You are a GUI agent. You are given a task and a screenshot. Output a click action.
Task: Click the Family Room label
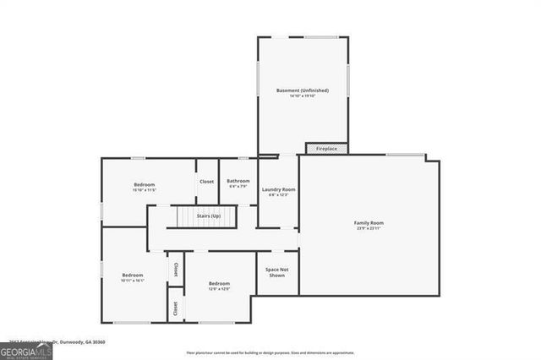click(369, 223)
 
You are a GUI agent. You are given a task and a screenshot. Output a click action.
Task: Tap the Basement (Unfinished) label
click(302, 90)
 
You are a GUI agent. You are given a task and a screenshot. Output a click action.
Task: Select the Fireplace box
click(326, 149)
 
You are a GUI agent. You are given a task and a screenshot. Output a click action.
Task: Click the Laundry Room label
click(277, 189)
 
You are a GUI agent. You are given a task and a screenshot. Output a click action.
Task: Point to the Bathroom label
click(238, 181)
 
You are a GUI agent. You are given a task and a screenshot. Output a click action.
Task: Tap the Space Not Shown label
click(276, 272)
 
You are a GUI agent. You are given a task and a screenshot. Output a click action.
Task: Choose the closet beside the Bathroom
click(206, 182)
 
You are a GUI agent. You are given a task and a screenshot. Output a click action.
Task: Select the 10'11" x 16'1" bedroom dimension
click(133, 281)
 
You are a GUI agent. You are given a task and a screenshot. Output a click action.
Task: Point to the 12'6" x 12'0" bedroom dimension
click(219, 289)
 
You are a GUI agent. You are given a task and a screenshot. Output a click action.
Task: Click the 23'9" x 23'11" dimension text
click(369, 229)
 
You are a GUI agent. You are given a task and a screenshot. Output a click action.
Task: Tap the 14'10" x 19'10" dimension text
click(302, 96)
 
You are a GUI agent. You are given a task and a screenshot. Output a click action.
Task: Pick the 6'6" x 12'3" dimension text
click(277, 195)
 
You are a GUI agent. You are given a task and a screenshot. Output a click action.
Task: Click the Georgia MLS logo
click(26, 351)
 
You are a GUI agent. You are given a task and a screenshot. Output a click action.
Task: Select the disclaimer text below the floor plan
click(270, 353)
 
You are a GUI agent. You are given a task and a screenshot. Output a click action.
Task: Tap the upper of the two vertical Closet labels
click(176, 270)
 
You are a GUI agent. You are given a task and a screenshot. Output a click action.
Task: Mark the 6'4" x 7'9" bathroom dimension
click(238, 187)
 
